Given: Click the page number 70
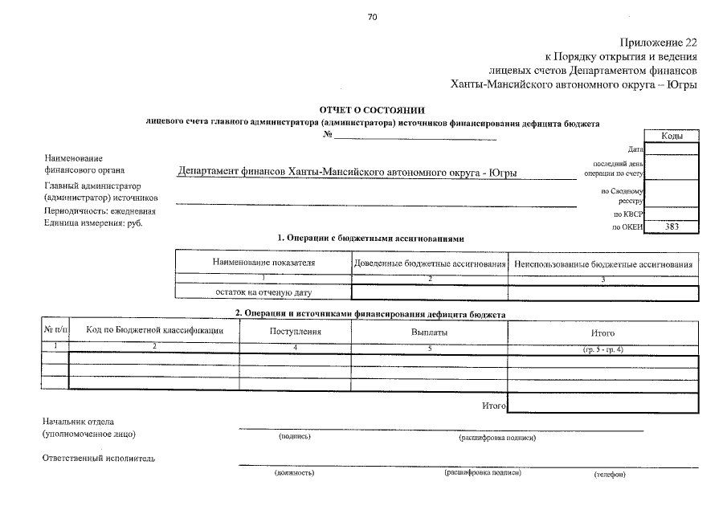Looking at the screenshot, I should pyautogui.click(x=372, y=17).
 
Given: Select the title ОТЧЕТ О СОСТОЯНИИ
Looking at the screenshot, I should pyautogui.click(x=372, y=110).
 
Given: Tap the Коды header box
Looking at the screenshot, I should pyautogui.click(x=672, y=137).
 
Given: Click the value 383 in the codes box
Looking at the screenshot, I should pyautogui.click(x=672, y=227).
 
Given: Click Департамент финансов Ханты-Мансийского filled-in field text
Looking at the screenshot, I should pyautogui.click(x=346, y=173).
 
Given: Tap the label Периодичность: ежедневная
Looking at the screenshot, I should pyautogui.click(x=99, y=211).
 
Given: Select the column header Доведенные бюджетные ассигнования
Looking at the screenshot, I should pyautogui.click(x=430, y=263).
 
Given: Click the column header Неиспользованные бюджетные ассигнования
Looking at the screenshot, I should pyautogui.click(x=603, y=263).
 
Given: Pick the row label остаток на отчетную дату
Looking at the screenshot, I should pyautogui.click(x=263, y=293).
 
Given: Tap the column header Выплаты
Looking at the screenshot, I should pyautogui.click(x=429, y=332).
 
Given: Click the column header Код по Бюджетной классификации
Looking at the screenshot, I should pyautogui.click(x=154, y=331).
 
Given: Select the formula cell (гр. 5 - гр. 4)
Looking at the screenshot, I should pyautogui.click(x=603, y=349).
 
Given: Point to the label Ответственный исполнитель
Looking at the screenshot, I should pyautogui.click(x=99, y=459).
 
